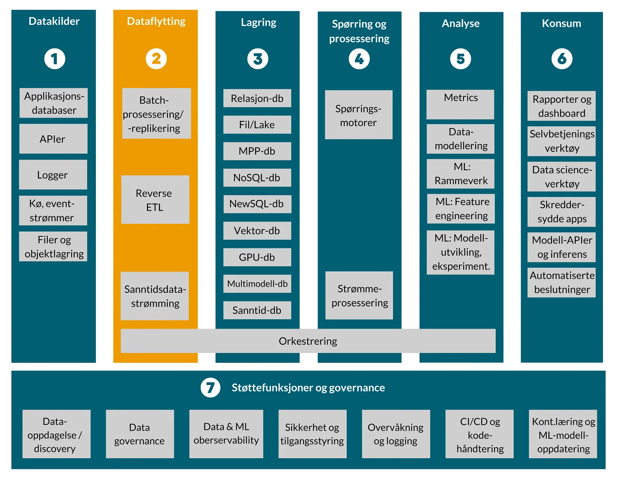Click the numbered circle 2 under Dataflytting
156,59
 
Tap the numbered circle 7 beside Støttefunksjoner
210,387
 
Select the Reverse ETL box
155,200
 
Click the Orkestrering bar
308,341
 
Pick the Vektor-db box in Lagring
257,231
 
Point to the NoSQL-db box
257,178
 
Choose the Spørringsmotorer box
358,115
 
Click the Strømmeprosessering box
359,295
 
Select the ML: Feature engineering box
461,209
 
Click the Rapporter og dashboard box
561,106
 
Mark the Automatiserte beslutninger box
561,283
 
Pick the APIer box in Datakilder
53,139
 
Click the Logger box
53,175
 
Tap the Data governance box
139,434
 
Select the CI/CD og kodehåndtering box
480,434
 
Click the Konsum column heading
561,23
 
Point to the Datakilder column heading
54,21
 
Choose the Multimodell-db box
257,284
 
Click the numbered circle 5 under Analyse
460,59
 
